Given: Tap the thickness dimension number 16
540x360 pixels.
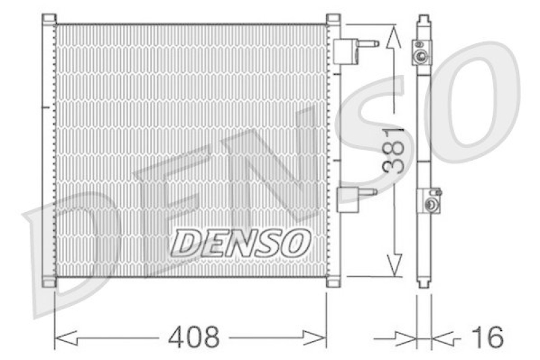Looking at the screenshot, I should [x=487, y=336].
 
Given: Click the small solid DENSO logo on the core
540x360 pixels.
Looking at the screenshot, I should [x=240, y=242].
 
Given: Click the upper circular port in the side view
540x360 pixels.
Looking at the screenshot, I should [x=423, y=55].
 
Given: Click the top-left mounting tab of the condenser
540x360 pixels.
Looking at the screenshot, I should [x=48, y=18].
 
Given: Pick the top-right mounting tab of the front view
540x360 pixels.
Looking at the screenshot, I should [x=333, y=18].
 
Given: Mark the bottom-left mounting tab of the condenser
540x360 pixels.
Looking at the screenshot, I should [x=48, y=282].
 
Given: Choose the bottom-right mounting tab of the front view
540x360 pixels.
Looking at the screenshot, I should [x=333, y=282].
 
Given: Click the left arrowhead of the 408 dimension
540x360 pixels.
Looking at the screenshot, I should [x=61, y=336].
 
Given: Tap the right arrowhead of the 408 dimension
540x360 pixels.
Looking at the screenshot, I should [x=320, y=336].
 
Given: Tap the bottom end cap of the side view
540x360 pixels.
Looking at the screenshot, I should [x=423, y=282].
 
